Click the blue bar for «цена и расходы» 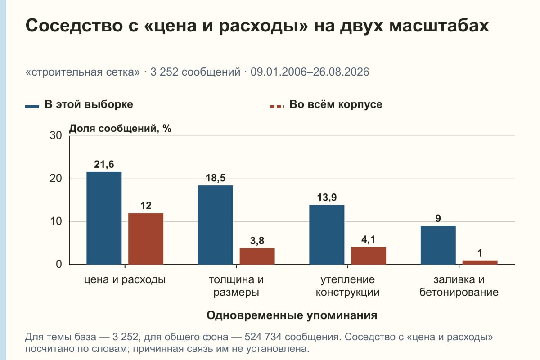tap(104, 218)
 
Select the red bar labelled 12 tap(146, 238)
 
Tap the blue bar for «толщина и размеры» tap(216, 225)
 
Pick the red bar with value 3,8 tap(257, 256)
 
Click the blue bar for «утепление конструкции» tap(327, 234)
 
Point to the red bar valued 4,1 tap(369, 256)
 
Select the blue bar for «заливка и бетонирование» tap(438, 245)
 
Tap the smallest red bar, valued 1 tap(480, 262)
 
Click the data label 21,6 tap(104, 164)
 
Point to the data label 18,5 tap(216, 178)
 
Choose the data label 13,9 tap(327, 198)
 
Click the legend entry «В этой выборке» tap(79, 105)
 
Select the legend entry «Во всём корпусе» tap(326, 105)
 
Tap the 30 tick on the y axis tap(56, 135)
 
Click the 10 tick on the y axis tap(56, 221)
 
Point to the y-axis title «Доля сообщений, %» tap(120, 129)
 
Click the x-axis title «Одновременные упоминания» tap(292, 315)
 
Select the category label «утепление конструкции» tap(347, 286)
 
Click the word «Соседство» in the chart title tap(74, 26)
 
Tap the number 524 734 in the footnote tap(263, 337)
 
